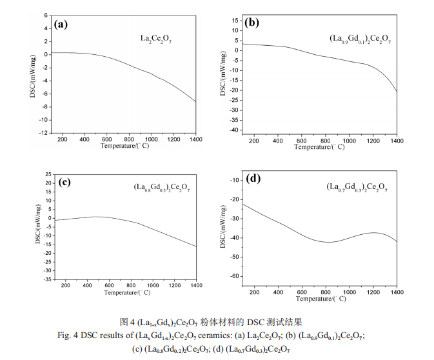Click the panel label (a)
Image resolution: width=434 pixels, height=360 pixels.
pos(61,25)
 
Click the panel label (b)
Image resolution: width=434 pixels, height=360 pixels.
pos(252,23)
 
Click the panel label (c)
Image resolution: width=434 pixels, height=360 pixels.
pos(64,182)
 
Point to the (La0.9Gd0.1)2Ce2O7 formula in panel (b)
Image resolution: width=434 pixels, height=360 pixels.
pos(359,41)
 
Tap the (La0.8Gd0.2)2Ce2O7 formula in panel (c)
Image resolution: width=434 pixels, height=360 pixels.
pos(162,188)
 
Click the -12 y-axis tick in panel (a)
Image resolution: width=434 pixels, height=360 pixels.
pos(42,133)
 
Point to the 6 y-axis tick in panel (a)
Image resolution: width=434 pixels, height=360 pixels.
pos(45,14)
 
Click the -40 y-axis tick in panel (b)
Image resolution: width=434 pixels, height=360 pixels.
pos(233,130)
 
